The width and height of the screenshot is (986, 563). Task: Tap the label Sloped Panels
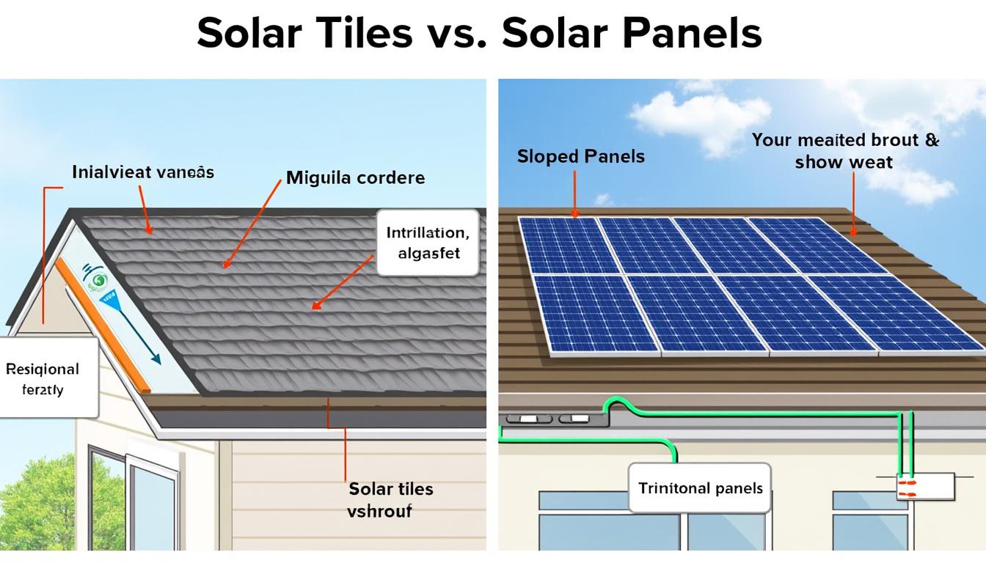(x=580, y=156)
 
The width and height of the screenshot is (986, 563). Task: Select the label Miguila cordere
(x=355, y=177)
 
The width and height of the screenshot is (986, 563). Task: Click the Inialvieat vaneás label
(x=143, y=172)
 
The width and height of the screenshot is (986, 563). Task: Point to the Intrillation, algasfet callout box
(x=428, y=243)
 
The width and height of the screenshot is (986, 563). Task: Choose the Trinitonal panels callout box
(x=700, y=488)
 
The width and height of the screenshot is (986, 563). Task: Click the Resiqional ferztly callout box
(x=45, y=378)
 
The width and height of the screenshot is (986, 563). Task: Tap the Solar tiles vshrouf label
(x=390, y=499)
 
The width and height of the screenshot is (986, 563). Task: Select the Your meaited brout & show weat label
(x=845, y=150)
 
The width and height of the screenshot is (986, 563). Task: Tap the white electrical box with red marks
(x=925, y=486)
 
